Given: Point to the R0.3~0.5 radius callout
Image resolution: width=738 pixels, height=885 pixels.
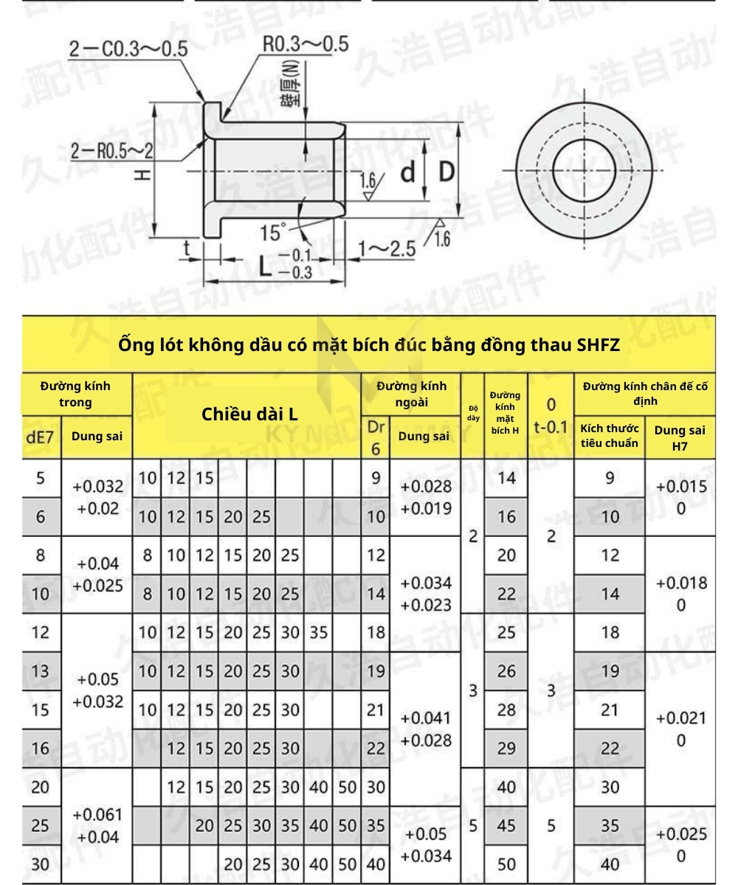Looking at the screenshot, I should pos(305,44).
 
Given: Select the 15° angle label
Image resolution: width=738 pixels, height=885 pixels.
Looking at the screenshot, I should pos(273,234).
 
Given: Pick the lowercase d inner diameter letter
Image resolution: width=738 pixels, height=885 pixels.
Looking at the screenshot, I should pos(408,172).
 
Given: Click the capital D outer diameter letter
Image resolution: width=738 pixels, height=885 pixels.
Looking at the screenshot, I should pos(446,172).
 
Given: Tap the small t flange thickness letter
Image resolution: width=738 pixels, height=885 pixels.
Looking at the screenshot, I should pos(187,249).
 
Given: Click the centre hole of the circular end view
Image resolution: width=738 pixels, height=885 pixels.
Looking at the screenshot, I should pos(584,172).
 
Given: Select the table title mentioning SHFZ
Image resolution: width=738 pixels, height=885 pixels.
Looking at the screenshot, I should pos(368,344).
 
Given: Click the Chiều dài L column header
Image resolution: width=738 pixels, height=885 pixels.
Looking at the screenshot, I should pos(249,414).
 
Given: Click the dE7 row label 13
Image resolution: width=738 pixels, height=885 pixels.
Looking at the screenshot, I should pos(40,670).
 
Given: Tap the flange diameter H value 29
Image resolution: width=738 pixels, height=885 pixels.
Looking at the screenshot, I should pos(506,749).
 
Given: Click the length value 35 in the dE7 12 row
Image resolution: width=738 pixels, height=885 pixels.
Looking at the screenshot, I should pos(318,632).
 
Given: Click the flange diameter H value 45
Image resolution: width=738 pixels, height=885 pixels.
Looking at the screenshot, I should pos(506,826).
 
